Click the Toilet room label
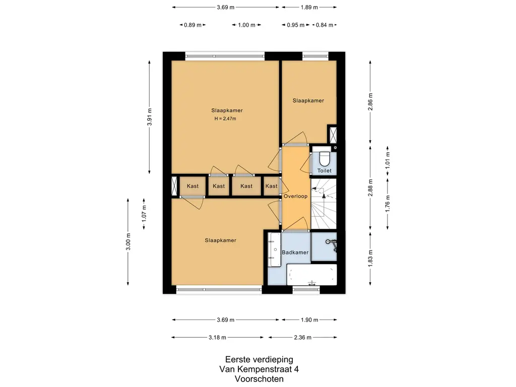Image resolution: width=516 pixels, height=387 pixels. click(x=324, y=170)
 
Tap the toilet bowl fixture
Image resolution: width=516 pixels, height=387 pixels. click(x=325, y=158)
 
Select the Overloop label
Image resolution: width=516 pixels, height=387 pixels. click(x=295, y=196)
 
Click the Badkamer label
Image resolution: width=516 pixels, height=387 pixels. click(x=295, y=252)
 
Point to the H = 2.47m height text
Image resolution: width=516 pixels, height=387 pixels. click(x=225, y=119)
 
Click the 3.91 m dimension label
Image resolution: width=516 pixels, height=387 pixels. click(x=150, y=117)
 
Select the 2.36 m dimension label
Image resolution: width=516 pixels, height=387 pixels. click(x=302, y=337)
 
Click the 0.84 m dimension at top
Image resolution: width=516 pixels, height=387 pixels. click(x=325, y=25)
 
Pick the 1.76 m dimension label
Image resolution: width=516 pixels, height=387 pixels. click(x=388, y=204)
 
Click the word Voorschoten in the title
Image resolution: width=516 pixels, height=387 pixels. click(x=259, y=379)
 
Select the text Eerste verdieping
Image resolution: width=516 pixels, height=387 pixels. click(x=259, y=359)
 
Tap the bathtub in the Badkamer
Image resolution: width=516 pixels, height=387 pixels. click(x=312, y=275)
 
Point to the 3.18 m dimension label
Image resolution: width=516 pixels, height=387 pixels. click(x=217, y=337)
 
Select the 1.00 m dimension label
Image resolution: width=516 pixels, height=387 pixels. click(x=246, y=25)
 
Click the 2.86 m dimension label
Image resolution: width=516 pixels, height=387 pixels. click(x=370, y=102)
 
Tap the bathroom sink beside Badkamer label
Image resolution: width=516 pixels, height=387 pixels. click(x=274, y=250)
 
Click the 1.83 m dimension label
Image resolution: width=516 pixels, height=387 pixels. click(x=370, y=259)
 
